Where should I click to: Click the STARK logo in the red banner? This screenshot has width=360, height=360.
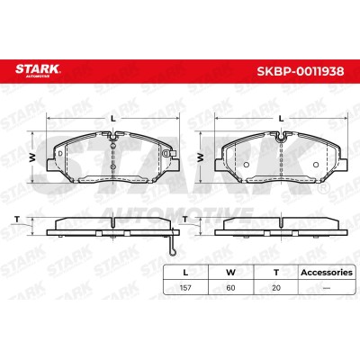point(38,70)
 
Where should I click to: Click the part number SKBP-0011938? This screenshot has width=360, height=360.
point(301,71)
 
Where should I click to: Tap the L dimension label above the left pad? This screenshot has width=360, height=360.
point(113,119)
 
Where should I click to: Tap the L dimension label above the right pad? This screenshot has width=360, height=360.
point(281,119)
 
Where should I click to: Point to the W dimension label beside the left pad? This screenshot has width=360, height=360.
point(32,157)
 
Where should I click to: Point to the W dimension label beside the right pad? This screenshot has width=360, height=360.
point(201,157)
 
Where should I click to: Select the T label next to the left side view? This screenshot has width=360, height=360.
point(17,220)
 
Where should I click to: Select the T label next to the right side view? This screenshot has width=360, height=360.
point(185,220)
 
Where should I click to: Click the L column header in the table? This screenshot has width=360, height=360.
point(185,273)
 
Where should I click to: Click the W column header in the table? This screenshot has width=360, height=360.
point(230,273)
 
